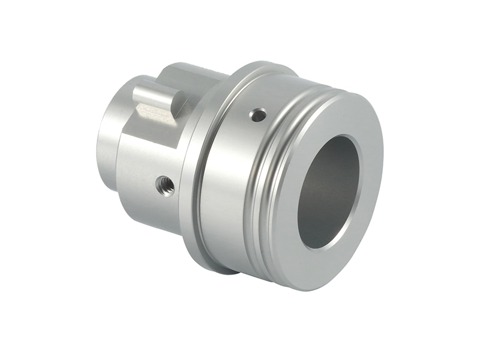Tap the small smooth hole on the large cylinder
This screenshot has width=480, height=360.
pyautogui.click(x=258, y=115)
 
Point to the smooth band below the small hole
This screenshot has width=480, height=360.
pyautogui.click(x=240, y=180)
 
